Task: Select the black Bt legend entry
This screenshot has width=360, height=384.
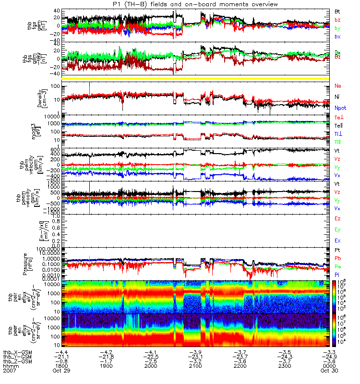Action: point(338,11)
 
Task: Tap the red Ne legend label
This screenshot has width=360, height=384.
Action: point(338,86)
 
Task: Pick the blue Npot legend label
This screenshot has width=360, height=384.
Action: point(340,108)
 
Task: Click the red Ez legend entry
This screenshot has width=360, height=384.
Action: point(338,219)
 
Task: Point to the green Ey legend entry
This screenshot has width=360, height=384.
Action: point(338,229)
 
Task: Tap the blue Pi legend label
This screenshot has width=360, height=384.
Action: point(337,275)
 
